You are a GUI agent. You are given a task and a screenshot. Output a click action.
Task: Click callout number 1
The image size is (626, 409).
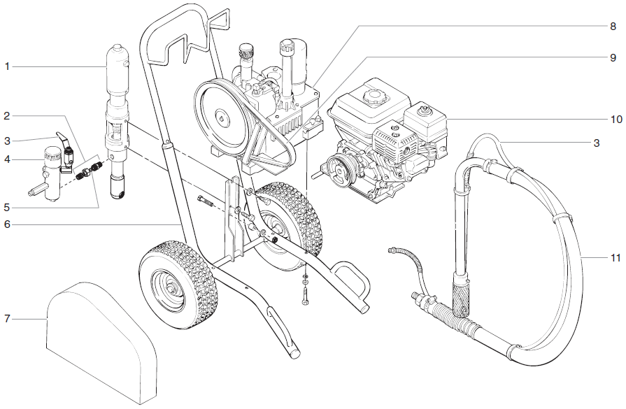7,66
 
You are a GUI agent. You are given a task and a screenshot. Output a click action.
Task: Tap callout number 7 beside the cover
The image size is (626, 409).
7,319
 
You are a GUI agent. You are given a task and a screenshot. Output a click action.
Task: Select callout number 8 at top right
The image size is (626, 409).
613,27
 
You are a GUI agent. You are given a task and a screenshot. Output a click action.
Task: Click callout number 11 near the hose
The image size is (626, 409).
615,258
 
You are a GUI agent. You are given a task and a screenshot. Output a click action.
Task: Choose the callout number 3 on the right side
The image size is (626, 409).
596,143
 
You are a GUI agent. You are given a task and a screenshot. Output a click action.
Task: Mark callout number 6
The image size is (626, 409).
7,224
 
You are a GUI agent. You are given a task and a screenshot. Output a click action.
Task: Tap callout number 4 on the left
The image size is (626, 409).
7,159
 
